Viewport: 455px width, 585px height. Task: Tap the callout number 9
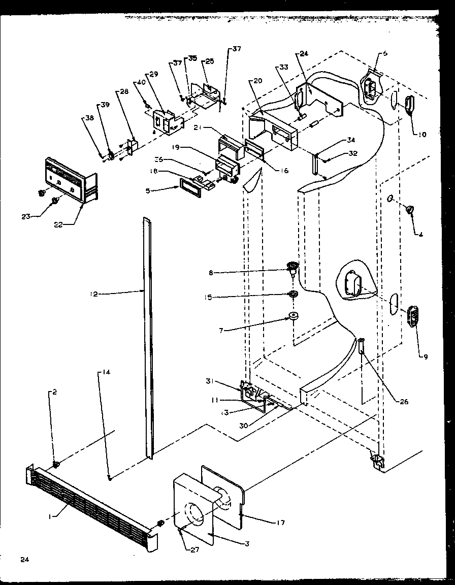pos(426,356)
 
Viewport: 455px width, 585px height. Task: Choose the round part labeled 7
pos(294,318)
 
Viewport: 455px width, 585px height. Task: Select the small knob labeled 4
pos(410,208)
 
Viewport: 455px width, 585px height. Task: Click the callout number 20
pos(257,81)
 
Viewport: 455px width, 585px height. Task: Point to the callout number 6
pos(385,53)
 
